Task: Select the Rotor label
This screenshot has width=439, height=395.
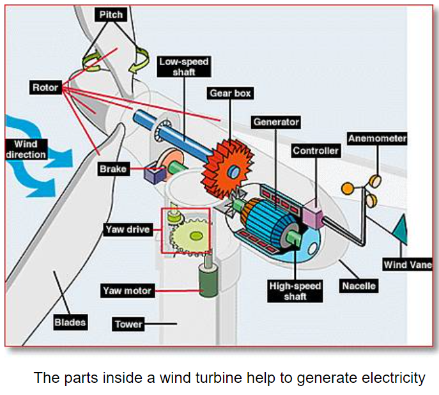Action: point(45,88)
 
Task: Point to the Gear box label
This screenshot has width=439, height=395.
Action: point(230,93)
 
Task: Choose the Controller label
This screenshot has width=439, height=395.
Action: point(316,151)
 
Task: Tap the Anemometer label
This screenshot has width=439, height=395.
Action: point(377,138)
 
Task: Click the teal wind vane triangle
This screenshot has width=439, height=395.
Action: point(402,229)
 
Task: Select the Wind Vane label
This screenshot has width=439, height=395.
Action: point(408,265)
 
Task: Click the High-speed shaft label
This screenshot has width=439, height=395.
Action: point(295,291)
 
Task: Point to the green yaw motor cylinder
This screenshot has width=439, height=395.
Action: point(206,279)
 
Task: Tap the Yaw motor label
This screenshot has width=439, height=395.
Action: point(127,291)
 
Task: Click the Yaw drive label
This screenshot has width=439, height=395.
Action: point(127,228)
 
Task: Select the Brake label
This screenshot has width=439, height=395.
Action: point(113,169)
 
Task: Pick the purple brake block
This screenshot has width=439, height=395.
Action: point(154,174)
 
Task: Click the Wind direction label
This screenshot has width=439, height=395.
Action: point(26,150)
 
